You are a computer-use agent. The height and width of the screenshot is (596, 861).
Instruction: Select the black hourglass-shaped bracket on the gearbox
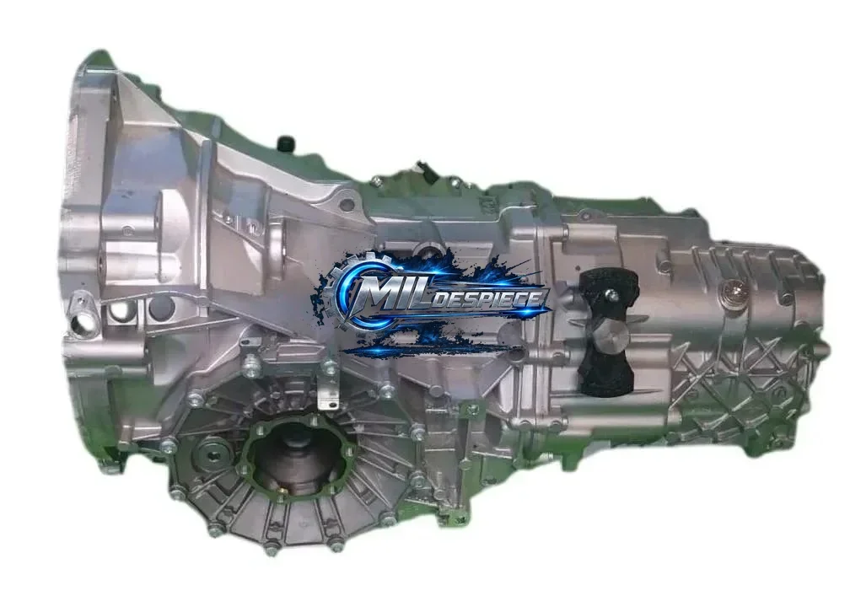[x=608, y=331]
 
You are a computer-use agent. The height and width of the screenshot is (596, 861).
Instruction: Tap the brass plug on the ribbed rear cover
[x=734, y=292]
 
